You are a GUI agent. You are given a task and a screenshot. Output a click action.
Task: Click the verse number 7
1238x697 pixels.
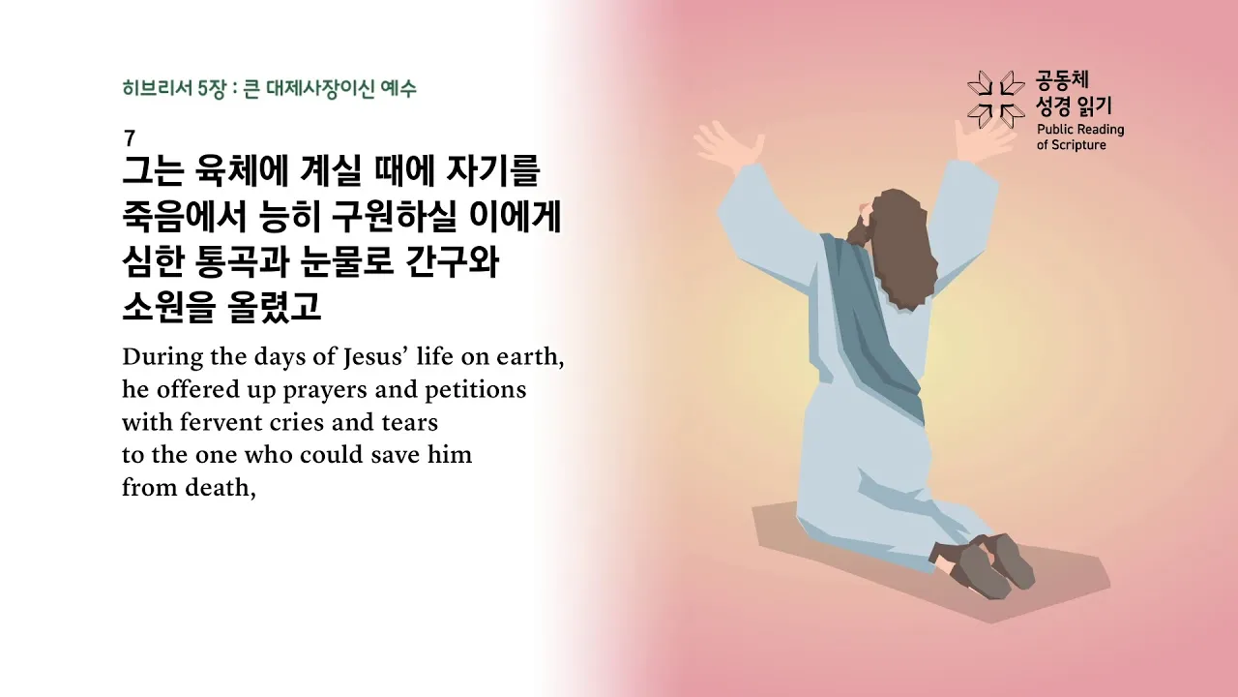(x=130, y=138)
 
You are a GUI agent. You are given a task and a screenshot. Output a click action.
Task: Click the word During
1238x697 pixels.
(x=162, y=357)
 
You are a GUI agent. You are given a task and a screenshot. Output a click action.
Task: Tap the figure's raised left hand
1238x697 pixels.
(x=723, y=145)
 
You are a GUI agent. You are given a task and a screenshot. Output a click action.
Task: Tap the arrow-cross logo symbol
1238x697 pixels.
(x=995, y=99)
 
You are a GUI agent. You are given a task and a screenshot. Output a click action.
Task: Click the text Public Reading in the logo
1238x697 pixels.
(x=1079, y=130)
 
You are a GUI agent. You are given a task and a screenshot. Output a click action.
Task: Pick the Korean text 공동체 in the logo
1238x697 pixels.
(x=1061, y=80)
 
